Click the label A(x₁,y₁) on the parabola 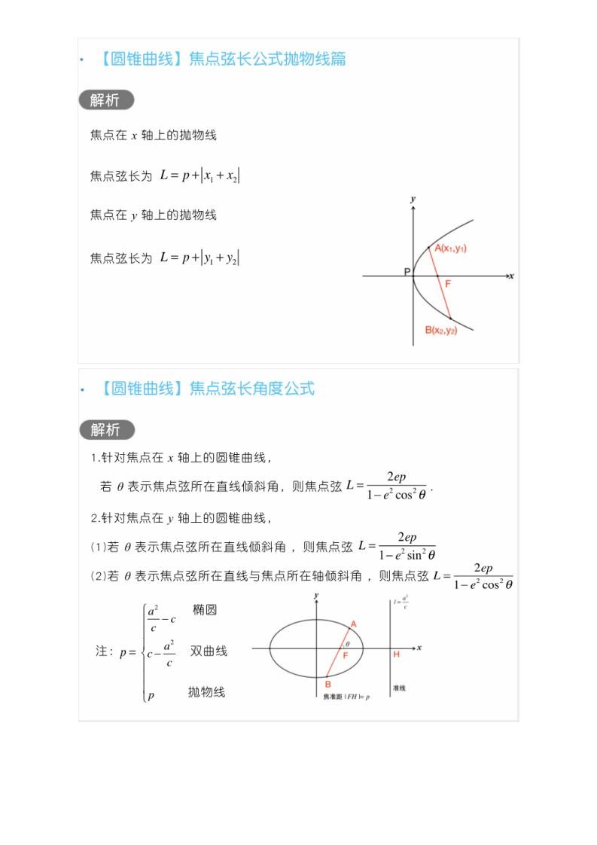tap(450, 249)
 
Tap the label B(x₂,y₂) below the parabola tap(440, 331)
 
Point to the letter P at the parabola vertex tap(407, 272)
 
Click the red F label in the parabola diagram tap(448, 284)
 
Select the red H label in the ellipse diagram tap(396, 654)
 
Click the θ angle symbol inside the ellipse tap(347, 644)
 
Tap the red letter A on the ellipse tap(353, 624)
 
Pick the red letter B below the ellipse tap(327, 684)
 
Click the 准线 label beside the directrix tap(399, 688)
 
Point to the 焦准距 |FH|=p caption tap(346, 697)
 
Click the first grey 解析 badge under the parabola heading tap(105, 100)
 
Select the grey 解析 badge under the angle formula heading tap(106, 430)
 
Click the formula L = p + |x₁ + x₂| tap(200, 175)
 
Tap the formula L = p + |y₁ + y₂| tap(200, 258)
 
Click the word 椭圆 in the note tap(204, 609)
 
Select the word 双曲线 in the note tap(209, 651)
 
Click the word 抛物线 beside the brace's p tap(206, 691)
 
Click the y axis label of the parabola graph tap(413, 199)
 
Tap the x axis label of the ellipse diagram tap(419, 647)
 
